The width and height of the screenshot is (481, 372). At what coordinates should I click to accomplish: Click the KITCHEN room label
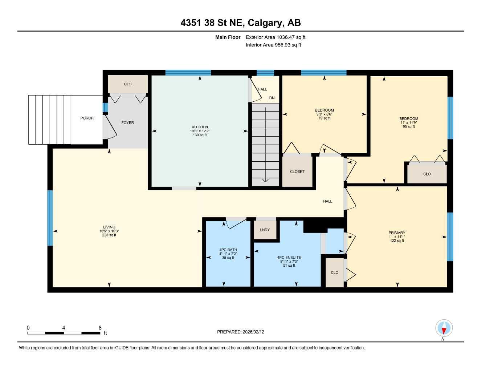pyautogui.click(x=200, y=127)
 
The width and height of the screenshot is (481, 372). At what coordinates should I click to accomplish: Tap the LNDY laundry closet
pyautogui.click(x=265, y=230)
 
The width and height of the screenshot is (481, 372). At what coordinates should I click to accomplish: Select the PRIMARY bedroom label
pyautogui.click(x=397, y=233)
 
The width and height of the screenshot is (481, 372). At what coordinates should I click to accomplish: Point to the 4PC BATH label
pyautogui.click(x=228, y=250)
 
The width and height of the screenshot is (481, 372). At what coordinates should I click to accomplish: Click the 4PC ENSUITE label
pyautogui.click(x=289, y=258)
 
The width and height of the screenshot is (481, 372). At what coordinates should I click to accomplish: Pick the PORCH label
pyautogui.click(x=87, y=118)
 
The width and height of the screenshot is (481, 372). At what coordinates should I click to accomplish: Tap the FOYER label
pyautogui.click(x=127, y=123)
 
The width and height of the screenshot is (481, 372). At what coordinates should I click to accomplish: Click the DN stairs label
pyautogui.click(x=272, y=98)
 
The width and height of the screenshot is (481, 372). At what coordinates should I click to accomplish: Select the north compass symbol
pyautogui.click(x=444, y=328)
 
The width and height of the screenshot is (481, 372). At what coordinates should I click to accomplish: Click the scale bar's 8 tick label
pyautogui.click(x=100, y=328)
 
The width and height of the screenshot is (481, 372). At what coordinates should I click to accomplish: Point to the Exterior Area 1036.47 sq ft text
pyautogui.click(x=276, y=37)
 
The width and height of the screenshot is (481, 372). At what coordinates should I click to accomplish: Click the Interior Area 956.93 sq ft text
pyautogui.click(x=273, y=45)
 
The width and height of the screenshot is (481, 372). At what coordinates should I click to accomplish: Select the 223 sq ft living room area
pyautogui.click(x=109, y=235)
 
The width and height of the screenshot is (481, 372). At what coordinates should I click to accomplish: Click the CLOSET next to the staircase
pyautogui.click(x=297, y=171)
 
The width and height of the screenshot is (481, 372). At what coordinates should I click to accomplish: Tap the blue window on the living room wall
pyautogui.click(x=50, y=218)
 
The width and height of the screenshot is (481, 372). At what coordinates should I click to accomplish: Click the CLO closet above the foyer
pyautogui.click(x=128, y=84)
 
